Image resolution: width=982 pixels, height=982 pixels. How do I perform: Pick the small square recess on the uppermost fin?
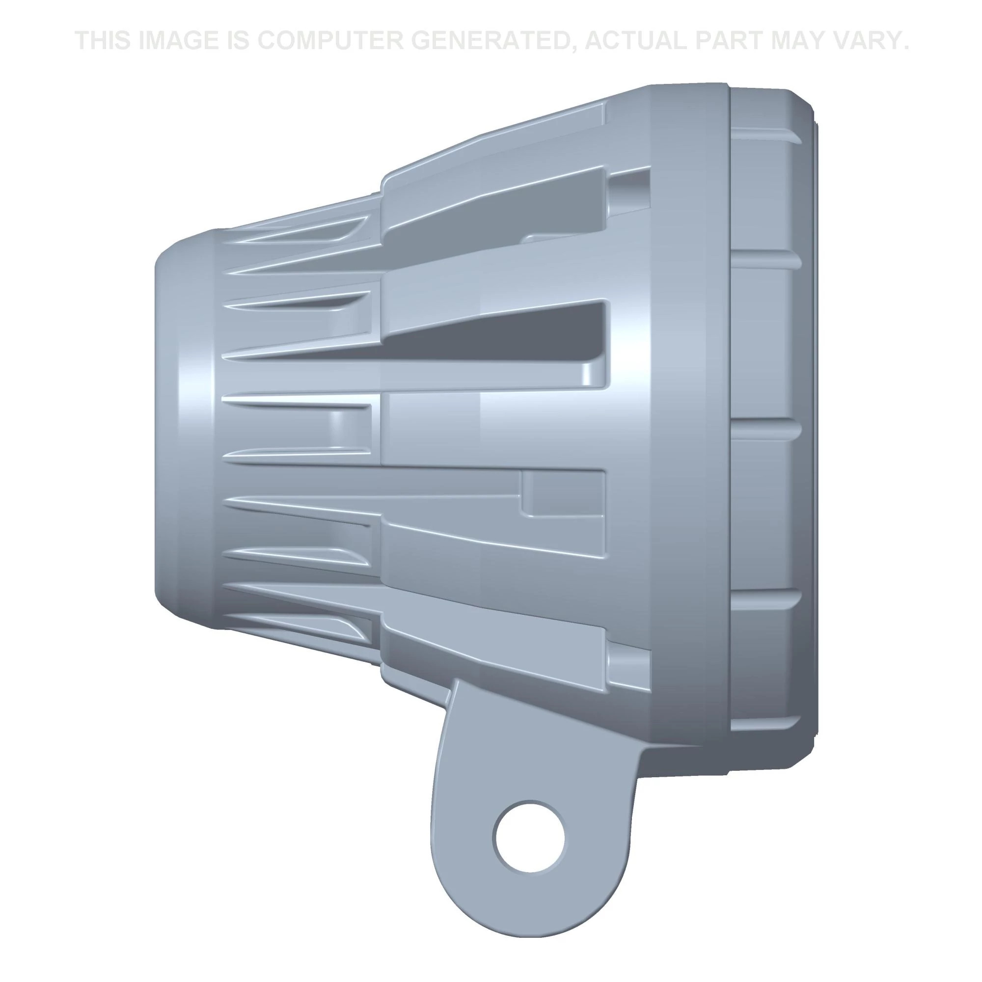click(629, 191)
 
